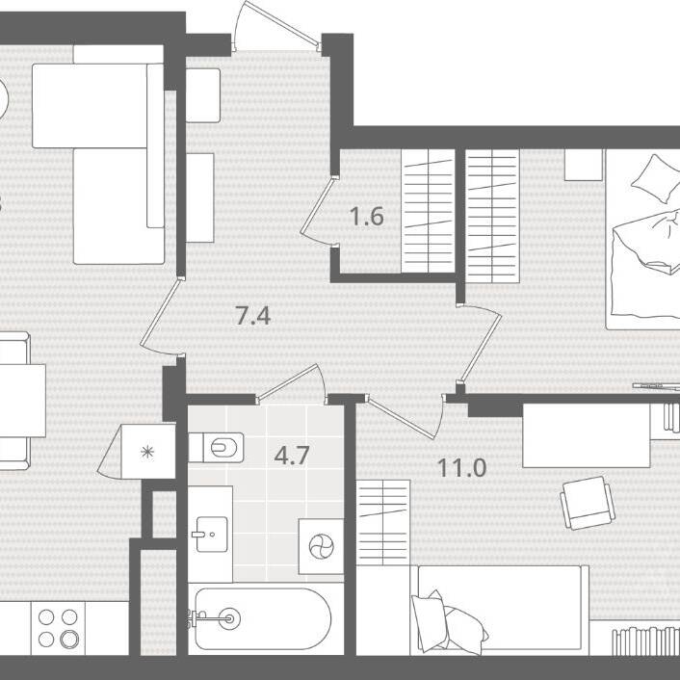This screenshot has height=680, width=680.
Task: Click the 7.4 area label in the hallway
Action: coord(253,316)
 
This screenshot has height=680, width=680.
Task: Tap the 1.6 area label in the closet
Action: coord(367,217)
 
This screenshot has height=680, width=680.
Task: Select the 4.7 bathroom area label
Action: coord(292,456)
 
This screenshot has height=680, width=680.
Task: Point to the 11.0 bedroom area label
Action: coord(461,468)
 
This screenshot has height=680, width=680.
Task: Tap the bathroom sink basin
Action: coord(212,534)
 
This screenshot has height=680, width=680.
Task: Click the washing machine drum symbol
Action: coord(322,546)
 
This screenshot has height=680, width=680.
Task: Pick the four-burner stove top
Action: coord(58,628)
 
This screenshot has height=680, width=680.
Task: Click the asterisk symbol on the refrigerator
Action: coord(147,452)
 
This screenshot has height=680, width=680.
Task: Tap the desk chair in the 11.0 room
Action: coord(588,503)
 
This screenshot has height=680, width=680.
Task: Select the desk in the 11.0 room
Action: coord(587,435)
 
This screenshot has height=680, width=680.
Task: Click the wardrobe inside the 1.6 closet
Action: coord(428,211)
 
